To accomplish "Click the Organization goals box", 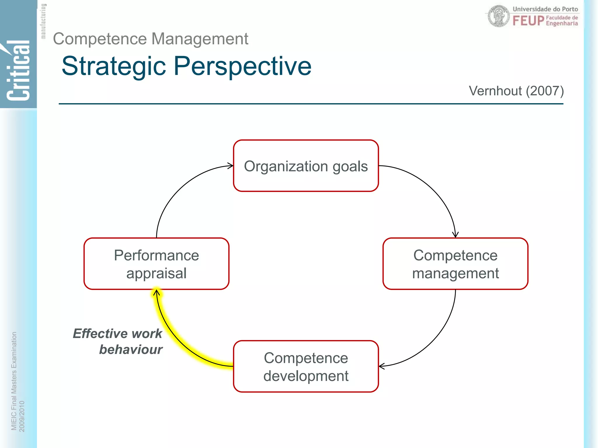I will [306, 166].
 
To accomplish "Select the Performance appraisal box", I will [156, 264].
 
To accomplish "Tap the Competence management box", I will [455, 264].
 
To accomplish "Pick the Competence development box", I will [306, 366].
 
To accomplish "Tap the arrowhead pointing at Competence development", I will [382, 366].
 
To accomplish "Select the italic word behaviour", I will [131, 349].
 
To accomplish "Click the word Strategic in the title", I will [114, 66].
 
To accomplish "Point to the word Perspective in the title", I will [242, 66].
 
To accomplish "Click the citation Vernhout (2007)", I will [516, 91].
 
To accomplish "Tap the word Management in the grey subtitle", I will [200, 39].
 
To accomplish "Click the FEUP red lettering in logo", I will [528, 21].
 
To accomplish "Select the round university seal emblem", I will [499, 16].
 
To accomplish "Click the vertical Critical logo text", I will [18, 70].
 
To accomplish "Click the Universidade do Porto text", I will [545, 9].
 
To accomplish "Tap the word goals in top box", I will [350, 166].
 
